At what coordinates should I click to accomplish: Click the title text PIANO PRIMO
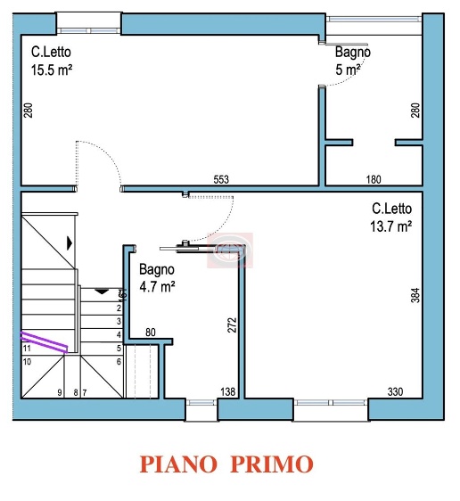coord(226,464)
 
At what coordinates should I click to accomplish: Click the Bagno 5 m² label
coord(351,60)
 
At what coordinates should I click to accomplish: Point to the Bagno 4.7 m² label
coord(156,277)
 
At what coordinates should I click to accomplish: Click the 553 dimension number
coord(221,180)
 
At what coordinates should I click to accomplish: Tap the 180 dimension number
coord(374,180)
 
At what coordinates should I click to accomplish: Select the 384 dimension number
coord(415,295)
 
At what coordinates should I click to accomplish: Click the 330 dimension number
coord(395,391)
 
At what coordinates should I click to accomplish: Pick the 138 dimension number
coord(227,391)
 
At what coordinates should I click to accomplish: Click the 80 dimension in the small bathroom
coord(151,333)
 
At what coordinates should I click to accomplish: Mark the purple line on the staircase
coord(45,341)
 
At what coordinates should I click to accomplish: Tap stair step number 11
coord(27,349)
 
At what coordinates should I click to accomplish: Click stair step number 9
coord(60,391)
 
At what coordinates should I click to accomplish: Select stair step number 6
coord(119,361)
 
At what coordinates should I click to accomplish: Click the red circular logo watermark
coord(230,250)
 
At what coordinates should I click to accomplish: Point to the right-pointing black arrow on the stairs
coord(69,242)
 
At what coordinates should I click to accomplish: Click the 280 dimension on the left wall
coord(28,111)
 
